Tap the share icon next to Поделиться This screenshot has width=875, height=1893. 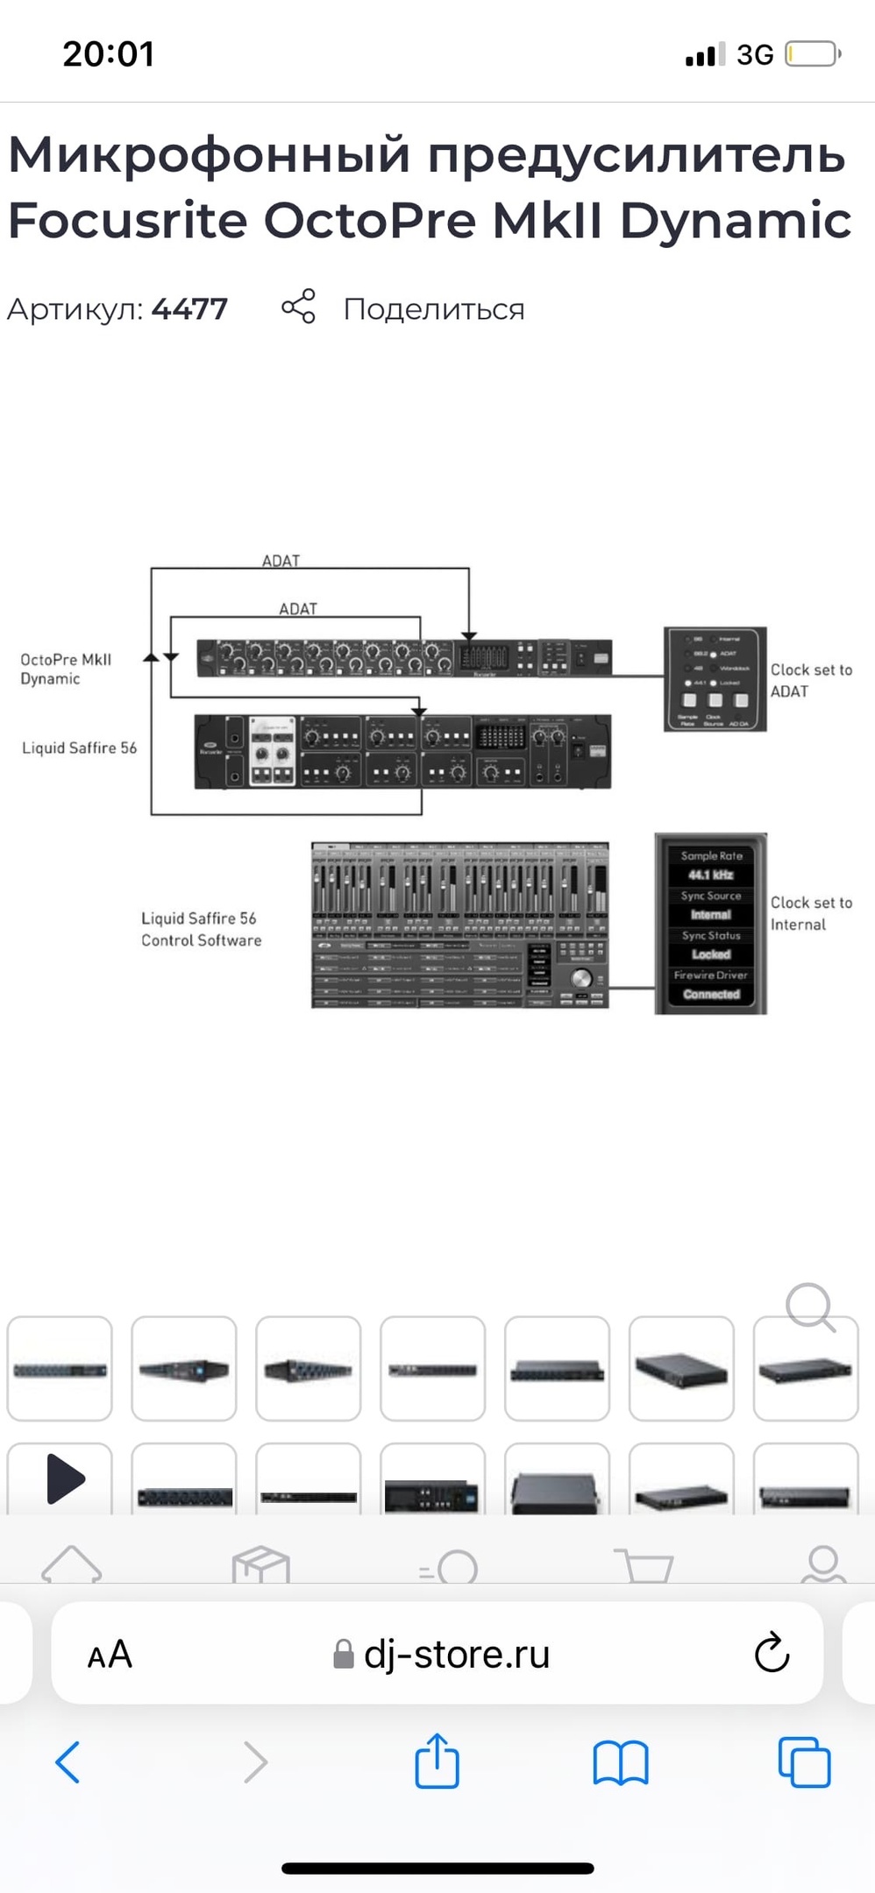[298, 307]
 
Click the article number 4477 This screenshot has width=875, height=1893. [189, 309]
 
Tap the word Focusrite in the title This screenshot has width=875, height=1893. [128, 220]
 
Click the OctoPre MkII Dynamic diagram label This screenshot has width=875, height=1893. [66, 669]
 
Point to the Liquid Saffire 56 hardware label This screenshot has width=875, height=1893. [79, 748]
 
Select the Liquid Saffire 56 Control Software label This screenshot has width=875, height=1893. [201, 929]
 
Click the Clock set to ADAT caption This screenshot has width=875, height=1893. [810, 680]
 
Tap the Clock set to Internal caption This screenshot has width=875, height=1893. [810, 913]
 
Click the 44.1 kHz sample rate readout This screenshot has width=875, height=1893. [710, 875]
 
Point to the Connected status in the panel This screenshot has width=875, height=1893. [711, 994]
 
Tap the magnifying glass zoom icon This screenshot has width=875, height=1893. [809, 1308]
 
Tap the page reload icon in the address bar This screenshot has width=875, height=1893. [772, 1653]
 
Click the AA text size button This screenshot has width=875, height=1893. [110, 1655]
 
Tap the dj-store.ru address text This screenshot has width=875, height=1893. [456, 1655]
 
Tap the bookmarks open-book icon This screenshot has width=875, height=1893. [620, 1762]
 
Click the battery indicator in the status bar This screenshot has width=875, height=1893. [812, 54]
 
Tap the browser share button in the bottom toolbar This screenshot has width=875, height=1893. [437, 1761]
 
